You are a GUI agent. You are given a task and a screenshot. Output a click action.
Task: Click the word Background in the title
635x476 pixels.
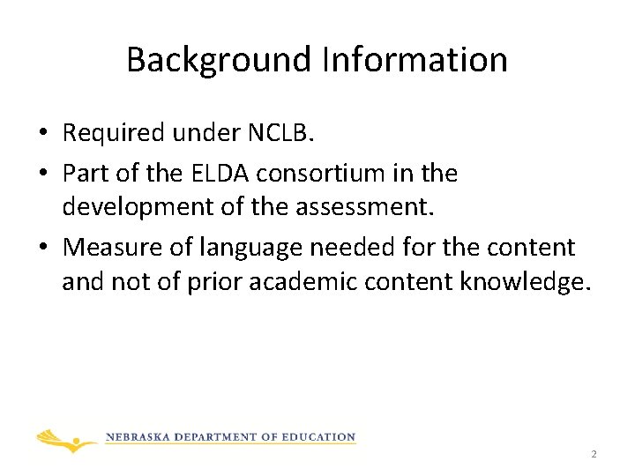[219, 60]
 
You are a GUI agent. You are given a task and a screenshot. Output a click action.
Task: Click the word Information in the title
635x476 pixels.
[414, 60]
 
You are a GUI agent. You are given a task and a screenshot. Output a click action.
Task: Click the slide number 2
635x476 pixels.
[594, 454]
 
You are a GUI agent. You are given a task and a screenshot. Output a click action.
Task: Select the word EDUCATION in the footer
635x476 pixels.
[317, 437]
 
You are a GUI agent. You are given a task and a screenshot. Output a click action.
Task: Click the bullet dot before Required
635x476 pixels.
[42, 134]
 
